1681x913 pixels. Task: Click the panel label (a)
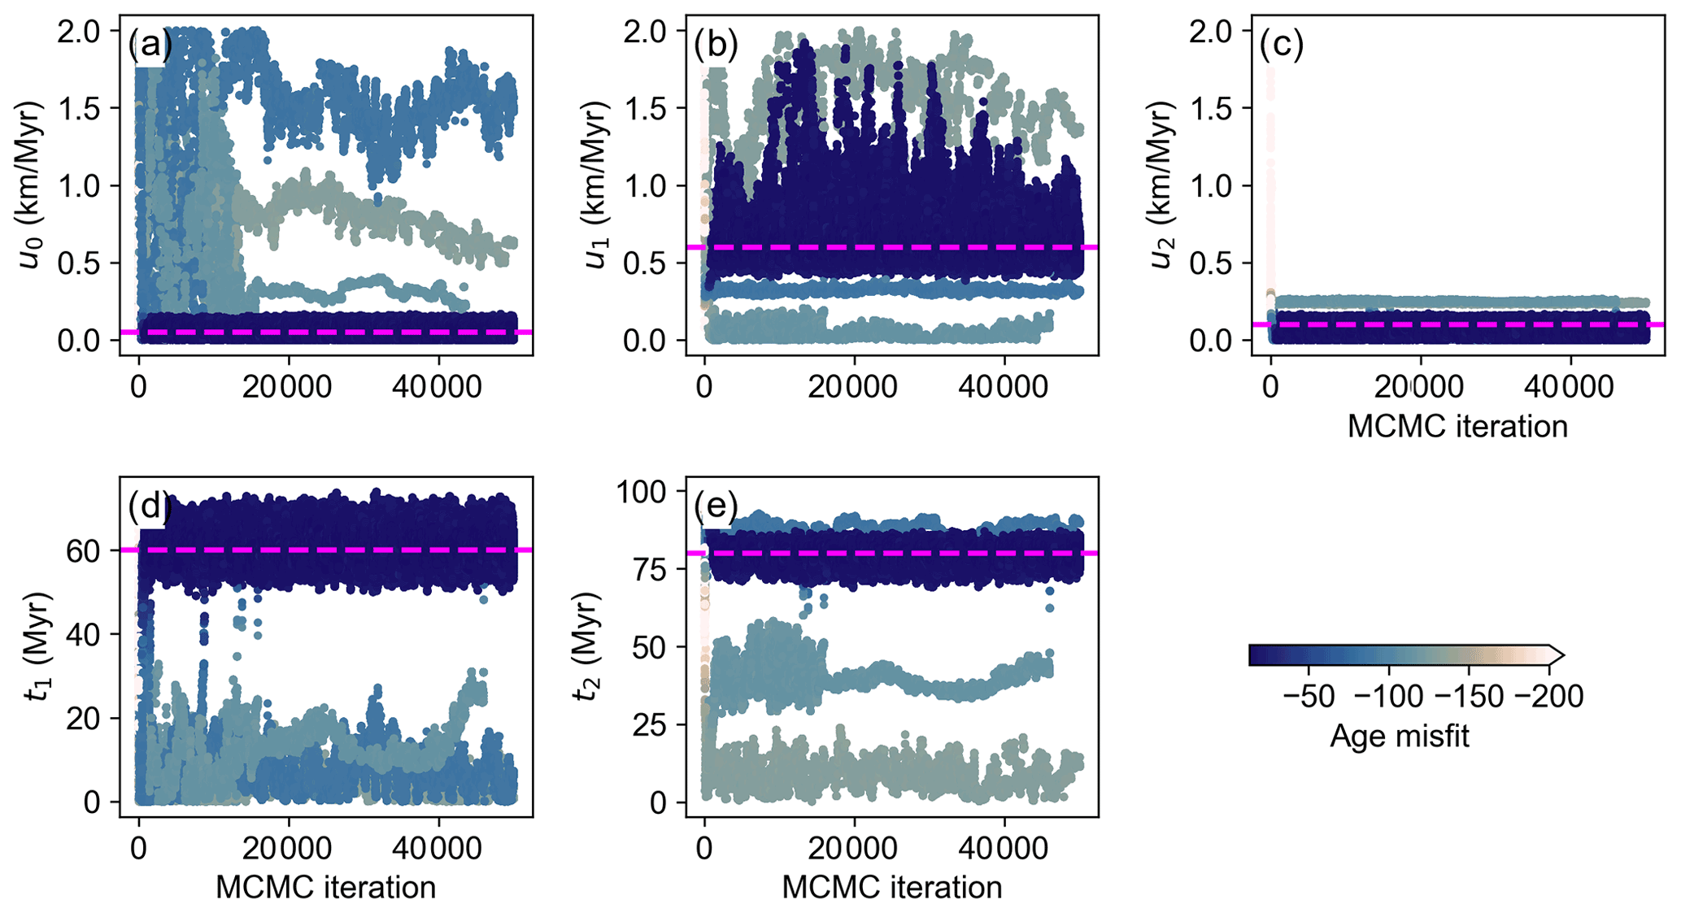[150, 46]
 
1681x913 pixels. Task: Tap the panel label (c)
[1282, 46]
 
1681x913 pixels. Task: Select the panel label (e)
[716, 507]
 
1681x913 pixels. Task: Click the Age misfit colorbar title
[1399, 737]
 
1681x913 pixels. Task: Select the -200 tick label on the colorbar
[1548, 698]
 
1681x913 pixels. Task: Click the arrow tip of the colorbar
[1561, 654]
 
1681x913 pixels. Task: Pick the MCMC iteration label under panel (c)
[1457, 427]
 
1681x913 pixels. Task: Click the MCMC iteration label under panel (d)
[325, 887]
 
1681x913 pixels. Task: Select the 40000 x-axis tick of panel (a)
[438, 387]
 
